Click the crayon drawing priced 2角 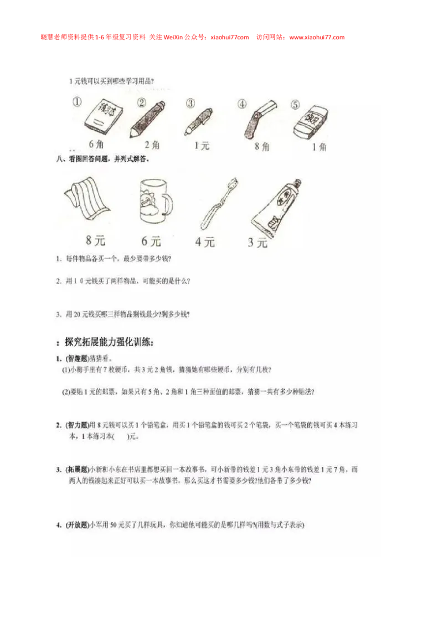(x=147, y=119)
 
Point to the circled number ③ (x=190, y=103)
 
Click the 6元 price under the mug (x=151, y=241)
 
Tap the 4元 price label (x=204, y=241)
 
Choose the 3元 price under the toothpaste (x=257, y=242)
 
